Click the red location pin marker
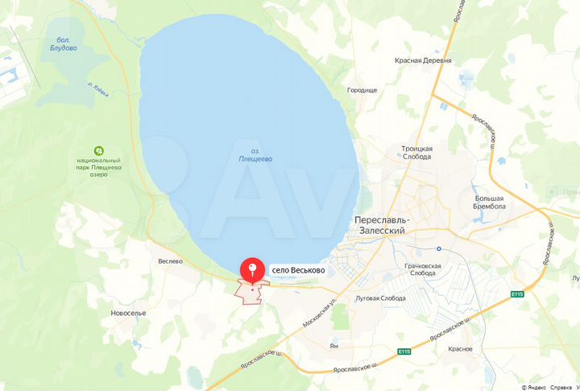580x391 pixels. (254, 269)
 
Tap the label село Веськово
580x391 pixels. (297, 270)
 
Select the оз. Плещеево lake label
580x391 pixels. (256, 155)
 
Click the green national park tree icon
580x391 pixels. (99, 150)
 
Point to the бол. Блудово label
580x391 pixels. (62, 44)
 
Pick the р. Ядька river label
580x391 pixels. (98, 88)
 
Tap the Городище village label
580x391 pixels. (362, 90)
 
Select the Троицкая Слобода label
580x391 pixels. (417, 153)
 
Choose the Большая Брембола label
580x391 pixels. (489, 202)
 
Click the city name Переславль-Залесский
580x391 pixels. (382, 225)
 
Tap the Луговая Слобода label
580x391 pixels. (380, 297)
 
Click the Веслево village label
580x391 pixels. (171, 261)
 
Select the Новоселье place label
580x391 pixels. (128, 313)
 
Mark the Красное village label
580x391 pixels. (461, 348)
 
